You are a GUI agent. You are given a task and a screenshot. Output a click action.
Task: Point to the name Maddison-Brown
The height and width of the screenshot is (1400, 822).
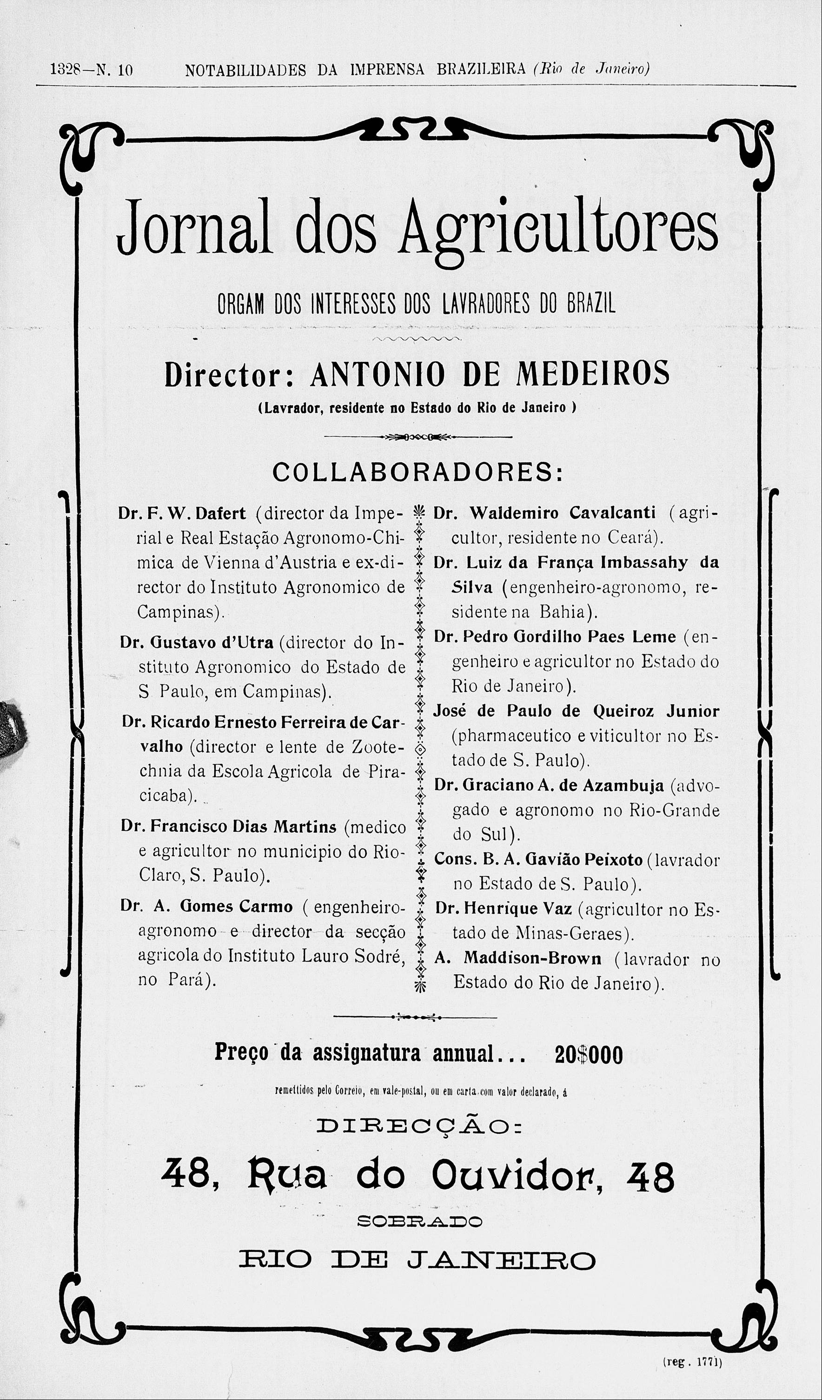click(x=532, y=958)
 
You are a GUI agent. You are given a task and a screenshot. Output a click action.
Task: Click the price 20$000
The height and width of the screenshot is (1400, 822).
click(x=589, y=1054)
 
